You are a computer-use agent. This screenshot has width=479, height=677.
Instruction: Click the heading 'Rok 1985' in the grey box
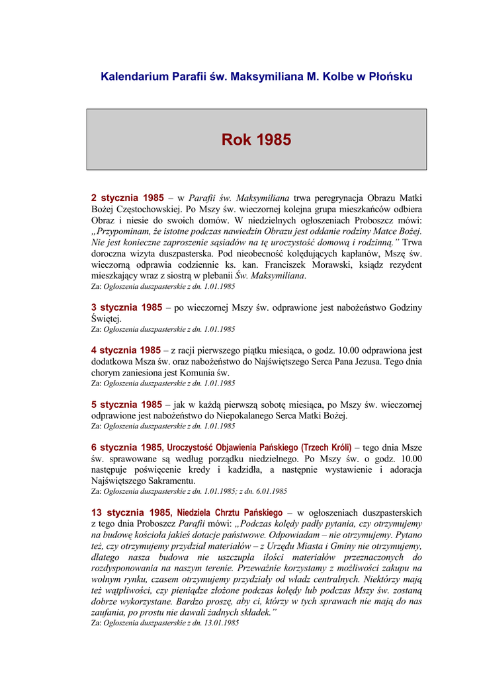tap(256, 140)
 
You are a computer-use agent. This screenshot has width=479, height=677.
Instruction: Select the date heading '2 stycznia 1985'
tap(127, 197)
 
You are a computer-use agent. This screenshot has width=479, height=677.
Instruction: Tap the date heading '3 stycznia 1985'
tap(127, 307)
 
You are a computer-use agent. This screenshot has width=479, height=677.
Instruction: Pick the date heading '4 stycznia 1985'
tap(126, 350)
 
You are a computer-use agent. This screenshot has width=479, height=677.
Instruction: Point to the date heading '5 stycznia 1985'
tap(127, 405)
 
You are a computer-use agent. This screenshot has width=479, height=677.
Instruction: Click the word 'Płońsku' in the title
tap(389, 77)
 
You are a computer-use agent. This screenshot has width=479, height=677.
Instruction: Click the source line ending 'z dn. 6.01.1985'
tap(189, 491)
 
